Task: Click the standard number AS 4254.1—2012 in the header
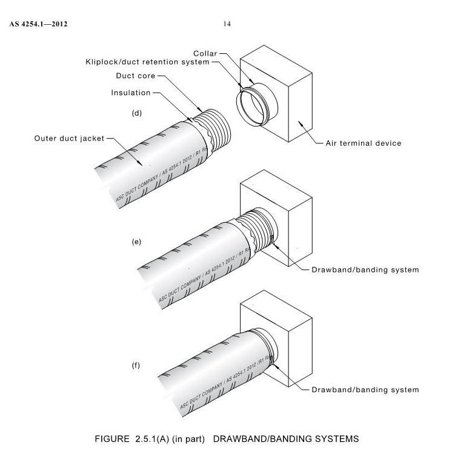pyautogui.click(x=38, y=25)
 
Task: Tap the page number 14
pyautogui.click(x=227, y=24)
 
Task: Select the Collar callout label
pyautogui.click(x=205, y=53)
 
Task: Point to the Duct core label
pyautogui.click(x=136, y=76)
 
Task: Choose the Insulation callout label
pyautogui.click(x=131, y=93)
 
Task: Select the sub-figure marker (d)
pyautogui.click(x=137, y=114)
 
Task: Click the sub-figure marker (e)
pyautogui.click(x=137, y=241)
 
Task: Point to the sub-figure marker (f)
pyautogui.click(x=137, y=366)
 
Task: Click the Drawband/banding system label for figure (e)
pyautogui.click(x=365, y=269)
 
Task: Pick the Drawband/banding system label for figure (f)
pyautogui.click(x=365, y=389)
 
